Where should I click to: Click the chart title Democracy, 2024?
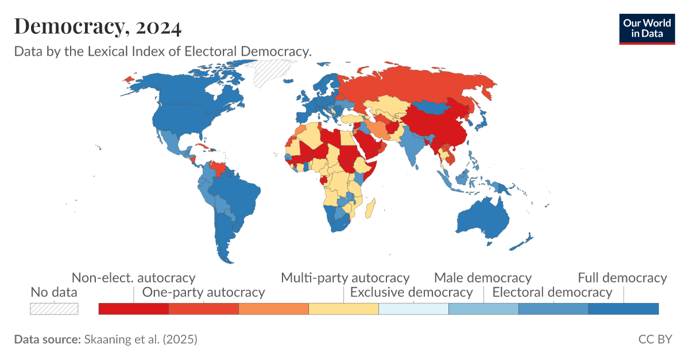click(98, 26)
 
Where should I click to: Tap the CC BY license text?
click(655, 339)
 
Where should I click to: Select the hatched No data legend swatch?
click(54, 308)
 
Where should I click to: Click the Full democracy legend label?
click(622, 278)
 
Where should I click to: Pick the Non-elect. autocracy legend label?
click(133, 278)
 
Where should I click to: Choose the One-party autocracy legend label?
click(203, 292)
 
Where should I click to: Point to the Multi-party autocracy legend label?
click(344, 278)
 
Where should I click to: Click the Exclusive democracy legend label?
click(411, 292)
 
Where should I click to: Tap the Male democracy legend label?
click(482, 278)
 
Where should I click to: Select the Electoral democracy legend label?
click(552, 292)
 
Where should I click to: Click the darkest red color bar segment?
click(134, 309)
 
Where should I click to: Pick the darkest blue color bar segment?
click(624, 309)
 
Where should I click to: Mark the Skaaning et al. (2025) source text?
click(141, 339)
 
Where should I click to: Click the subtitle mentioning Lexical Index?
click(162, 51)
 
